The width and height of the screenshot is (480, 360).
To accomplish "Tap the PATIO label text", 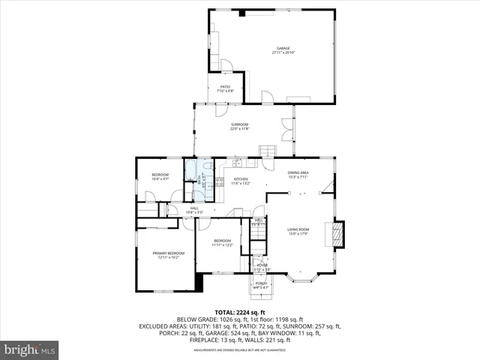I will [225, 87].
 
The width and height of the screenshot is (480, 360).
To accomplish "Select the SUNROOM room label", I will [239, 124].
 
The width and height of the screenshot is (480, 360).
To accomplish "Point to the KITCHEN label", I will [241, 178].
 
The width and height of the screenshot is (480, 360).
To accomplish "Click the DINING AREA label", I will [298, 172].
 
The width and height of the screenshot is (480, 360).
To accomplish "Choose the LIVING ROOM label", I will [298, 229].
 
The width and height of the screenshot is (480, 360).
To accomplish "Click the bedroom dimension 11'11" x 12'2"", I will [222, 244].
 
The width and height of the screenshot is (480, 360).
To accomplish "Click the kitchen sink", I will [235, 162].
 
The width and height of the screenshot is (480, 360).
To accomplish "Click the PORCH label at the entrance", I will [260, 283].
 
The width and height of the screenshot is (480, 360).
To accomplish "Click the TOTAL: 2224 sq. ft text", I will [240, 311].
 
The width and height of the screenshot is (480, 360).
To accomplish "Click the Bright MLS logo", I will [30, 349].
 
